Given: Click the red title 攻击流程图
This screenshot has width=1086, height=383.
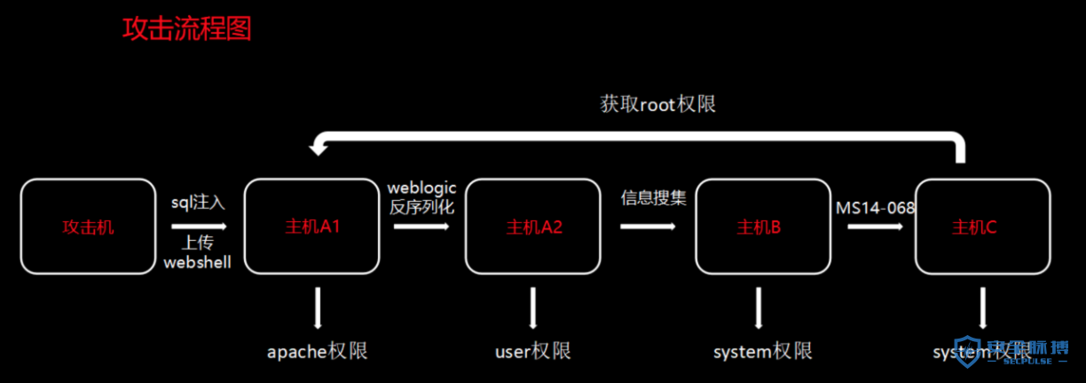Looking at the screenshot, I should [x=187, y=29].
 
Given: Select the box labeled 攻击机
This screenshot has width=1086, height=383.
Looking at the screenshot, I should [x=88, y=227].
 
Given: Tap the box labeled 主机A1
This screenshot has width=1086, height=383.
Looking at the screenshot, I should [x=311, y=227].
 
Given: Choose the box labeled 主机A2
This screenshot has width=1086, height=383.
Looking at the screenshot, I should [x=533, y=227].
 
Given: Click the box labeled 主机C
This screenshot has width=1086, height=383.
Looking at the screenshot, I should [x=982, y=227].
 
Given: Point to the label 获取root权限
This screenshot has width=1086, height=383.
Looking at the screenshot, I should [x=657, y=104].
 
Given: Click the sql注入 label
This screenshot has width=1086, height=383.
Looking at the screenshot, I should [x=198, y=202].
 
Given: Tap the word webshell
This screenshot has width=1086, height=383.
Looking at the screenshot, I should [x=198, y=262].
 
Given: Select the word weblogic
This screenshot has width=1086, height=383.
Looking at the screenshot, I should [x=421, y=188].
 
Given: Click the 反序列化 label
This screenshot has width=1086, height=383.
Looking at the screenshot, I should [x=421, y=208].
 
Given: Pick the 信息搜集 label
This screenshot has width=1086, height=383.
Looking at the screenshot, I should [x=654, y=197].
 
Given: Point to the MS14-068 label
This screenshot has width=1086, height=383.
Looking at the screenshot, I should [x=876, y=208].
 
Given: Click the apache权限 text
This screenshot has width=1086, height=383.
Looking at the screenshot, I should [x=317, y=351].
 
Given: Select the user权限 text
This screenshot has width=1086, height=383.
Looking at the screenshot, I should [x=532, y=351].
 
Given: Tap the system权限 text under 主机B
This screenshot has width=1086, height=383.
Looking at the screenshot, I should [x=762, y=351].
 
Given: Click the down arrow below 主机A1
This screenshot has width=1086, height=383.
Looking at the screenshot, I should [x=317, y=308].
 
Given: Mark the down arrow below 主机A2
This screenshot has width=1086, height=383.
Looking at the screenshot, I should [x=533, y=308].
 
